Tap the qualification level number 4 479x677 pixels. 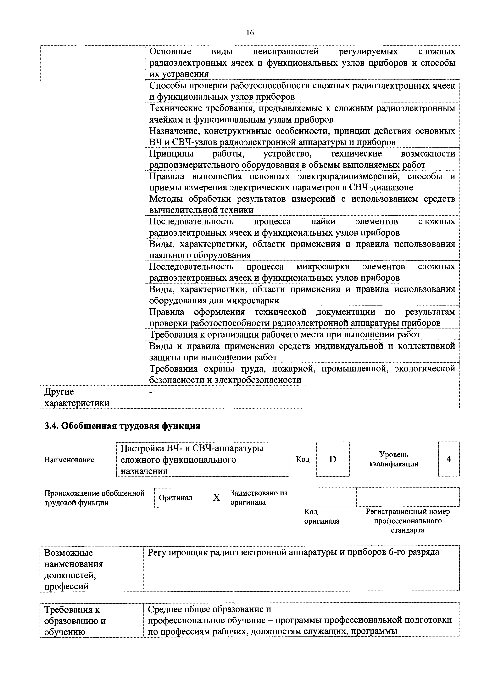coord(449,459)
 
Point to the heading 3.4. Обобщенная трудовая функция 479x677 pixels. coord(122,426)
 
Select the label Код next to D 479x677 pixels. coord(303,459)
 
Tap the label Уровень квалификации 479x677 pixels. coord(394,459)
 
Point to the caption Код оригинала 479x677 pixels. coord(322,516)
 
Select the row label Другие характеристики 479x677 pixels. coord(77,397)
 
